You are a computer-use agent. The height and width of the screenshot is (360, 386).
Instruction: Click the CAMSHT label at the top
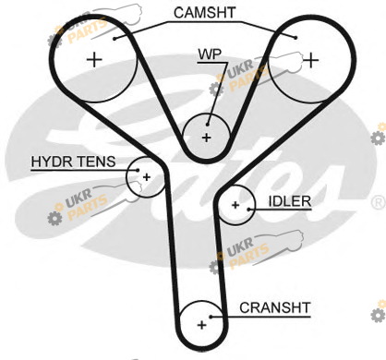coord(204,13)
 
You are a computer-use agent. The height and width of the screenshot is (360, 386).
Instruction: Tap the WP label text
coord(210,54)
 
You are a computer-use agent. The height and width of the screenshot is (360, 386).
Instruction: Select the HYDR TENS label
coord(73,162)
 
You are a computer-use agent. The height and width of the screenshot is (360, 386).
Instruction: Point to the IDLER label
coord(290,201)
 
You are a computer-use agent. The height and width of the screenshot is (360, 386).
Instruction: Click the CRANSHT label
coord(275,307)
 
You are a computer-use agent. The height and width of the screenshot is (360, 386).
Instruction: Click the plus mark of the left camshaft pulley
coord(94,60)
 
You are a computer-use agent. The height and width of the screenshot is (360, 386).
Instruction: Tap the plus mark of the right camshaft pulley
coord(311,60)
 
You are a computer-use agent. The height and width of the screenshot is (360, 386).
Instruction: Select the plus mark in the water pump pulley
coord(207,138)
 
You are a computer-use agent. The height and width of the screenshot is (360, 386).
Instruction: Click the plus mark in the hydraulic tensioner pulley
coord(147,177)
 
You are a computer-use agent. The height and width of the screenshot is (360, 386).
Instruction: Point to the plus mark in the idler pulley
coord(235,205)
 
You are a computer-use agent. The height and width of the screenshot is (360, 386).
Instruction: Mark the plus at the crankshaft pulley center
coord(201,325)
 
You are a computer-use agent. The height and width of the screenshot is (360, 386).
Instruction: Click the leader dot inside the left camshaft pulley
coord(115,39)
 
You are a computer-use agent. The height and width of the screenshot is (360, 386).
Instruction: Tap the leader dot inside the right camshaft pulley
coord(296,38)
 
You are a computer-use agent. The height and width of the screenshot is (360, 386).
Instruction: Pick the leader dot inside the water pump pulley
coord(208,125)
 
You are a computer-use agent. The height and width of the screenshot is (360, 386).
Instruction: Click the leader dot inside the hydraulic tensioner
coord(138,170)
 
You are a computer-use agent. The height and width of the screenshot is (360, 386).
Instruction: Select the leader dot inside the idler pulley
coord(248,210)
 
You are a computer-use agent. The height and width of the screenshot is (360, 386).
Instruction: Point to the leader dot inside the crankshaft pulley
coord(211,317)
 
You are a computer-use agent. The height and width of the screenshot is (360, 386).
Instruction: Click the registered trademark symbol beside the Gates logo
coord(379,203)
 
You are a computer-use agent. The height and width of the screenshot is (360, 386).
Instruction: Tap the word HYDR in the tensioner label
coord(51,162)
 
